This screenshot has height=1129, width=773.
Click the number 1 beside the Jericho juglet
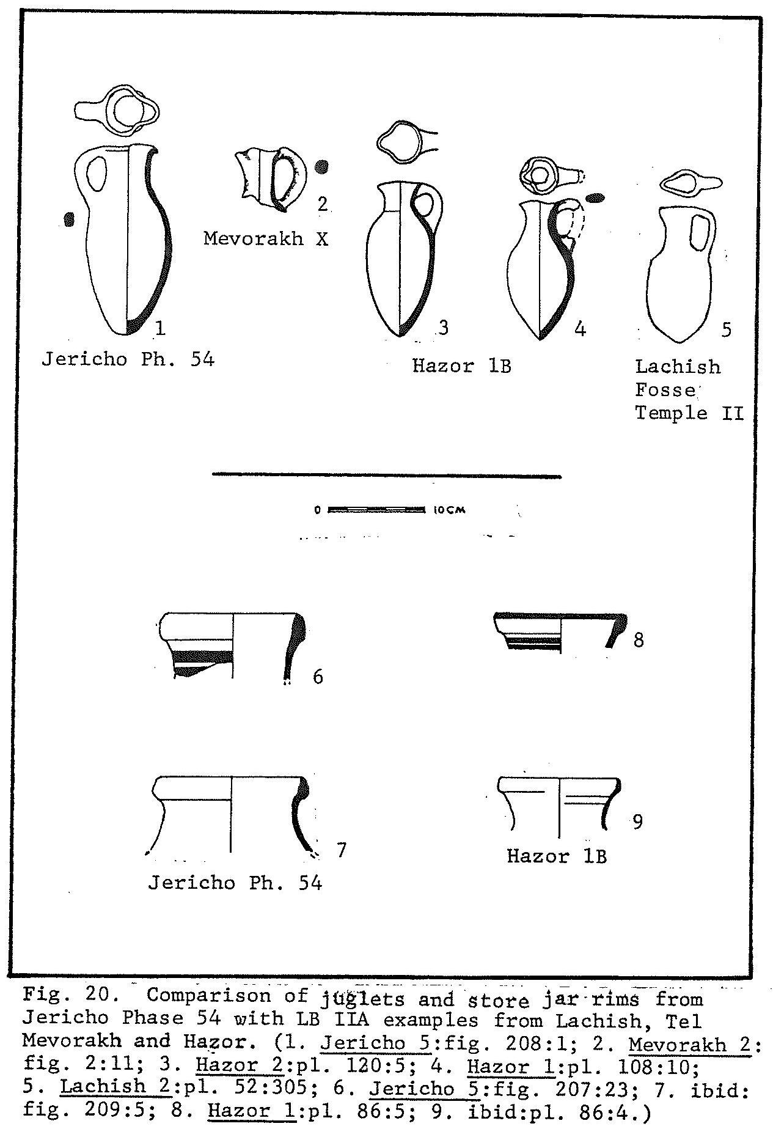point(160,329)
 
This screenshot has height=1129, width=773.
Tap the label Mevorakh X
point(266,238)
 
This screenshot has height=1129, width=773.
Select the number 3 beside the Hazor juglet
point(444,328)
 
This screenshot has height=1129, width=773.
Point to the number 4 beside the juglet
point(580,329)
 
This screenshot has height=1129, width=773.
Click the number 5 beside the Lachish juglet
point(726,329)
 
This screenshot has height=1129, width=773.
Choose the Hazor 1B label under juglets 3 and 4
point(461,366)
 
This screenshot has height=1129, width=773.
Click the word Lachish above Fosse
point(678,367)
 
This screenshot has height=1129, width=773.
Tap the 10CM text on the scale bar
point(450,509)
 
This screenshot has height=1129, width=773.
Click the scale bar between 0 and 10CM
point(376,509)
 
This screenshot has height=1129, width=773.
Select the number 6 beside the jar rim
point(318,677)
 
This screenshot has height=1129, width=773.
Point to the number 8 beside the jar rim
point(639,640)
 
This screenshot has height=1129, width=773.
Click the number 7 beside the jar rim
point(342,849)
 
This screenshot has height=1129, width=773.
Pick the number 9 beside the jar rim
point(637,822)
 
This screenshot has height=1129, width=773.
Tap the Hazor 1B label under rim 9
point(557,856)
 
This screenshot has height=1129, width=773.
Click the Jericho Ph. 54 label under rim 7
point(235,883)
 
